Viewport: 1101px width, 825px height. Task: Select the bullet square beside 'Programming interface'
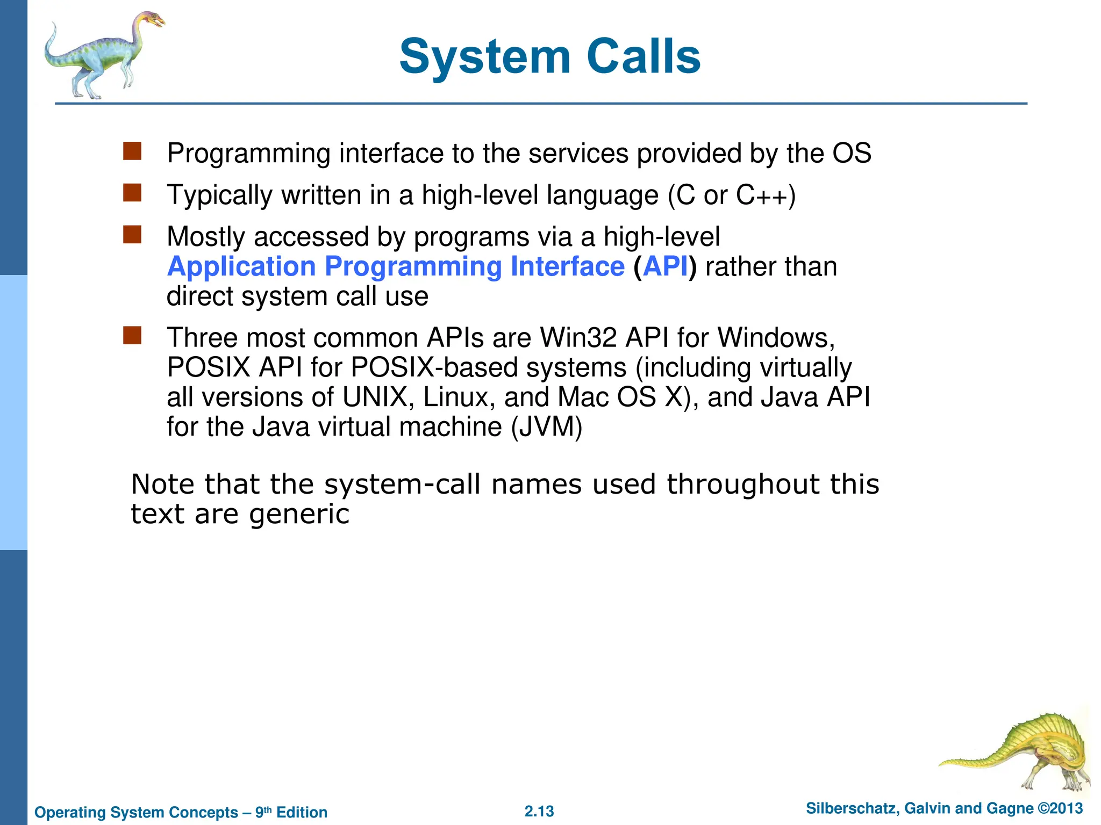(132, 151)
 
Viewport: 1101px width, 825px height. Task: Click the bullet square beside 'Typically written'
(132, 193)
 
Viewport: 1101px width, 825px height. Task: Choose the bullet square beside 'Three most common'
(132, 336)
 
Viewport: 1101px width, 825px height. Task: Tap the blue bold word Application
(241, 267)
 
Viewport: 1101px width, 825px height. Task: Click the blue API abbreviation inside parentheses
(666, 267)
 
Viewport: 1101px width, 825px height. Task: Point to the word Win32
(578, 338)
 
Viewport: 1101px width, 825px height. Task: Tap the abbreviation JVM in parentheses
(546, 428)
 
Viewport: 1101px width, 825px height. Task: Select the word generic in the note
(299, 515)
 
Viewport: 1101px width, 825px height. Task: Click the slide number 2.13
(539, 811)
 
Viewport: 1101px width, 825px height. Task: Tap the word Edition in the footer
(302, 812)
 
